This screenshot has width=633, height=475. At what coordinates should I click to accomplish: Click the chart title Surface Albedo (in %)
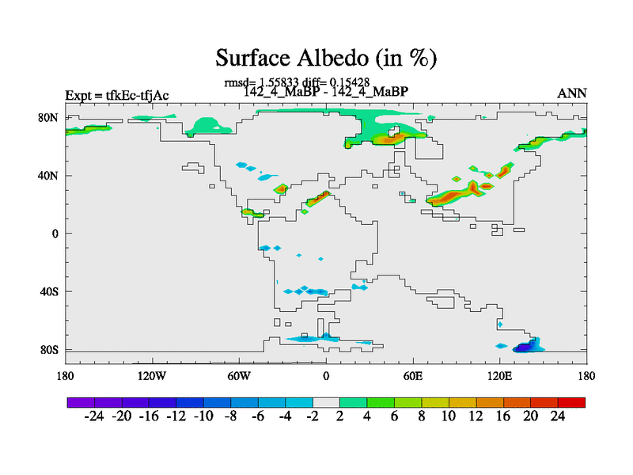(x=326, y=58)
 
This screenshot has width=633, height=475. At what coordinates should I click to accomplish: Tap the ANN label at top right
(x=571, y=93)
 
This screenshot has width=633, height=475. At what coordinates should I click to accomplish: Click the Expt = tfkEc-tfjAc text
(x=117, y=96)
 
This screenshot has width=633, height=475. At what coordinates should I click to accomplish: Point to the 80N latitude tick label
(x=48, y=117)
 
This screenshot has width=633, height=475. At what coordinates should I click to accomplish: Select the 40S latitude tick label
(x=49, y=291)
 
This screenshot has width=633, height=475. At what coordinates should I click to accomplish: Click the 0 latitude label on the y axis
(x=55, y=234)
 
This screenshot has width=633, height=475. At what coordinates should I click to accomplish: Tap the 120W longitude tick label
(x=152, y=376)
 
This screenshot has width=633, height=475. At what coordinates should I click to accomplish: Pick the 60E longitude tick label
(x=413, y=376)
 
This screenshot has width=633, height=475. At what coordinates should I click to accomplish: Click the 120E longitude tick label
(x=500, y=376)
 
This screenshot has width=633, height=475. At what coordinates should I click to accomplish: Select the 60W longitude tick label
(x=239, y=376)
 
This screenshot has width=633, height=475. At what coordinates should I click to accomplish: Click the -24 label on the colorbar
(x=94, y=416)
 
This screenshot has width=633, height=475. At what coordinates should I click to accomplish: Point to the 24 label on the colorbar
(x=558, y=416)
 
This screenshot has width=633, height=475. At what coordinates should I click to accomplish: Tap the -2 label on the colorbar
(x=313, y=416)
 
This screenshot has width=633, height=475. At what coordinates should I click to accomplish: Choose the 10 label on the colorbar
(x=449, y=416)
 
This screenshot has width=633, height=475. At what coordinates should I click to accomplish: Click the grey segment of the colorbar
(x=326, y=402)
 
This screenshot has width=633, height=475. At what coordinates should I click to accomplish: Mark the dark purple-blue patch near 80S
(x=525, y=348)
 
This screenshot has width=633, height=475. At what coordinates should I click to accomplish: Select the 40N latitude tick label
(x=48, y=176)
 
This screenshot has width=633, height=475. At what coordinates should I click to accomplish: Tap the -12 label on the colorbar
(x=176, y=416)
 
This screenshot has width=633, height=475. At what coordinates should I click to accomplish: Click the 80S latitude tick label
(x=49, y=350)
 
